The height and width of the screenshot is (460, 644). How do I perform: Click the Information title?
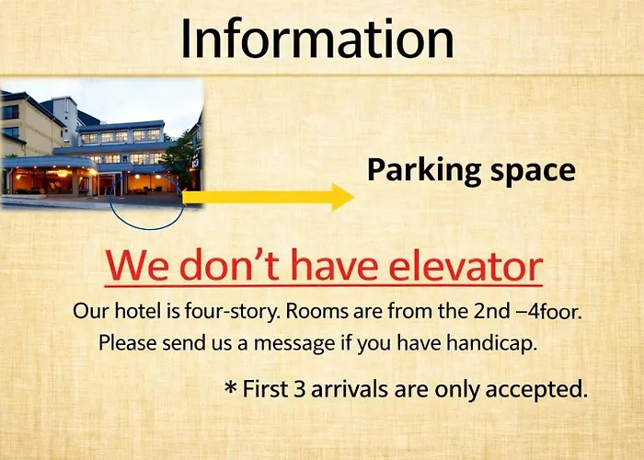coord(317,38)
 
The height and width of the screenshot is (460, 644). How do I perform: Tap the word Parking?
coord(424,170)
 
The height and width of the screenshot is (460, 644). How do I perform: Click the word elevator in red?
coord(466,266)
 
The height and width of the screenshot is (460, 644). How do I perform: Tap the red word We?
coord(137,266)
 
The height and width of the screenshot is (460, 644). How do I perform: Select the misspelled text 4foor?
coord(555,311)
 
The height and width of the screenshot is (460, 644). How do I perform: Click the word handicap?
coord(491,343)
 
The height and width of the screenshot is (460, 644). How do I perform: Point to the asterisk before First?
coord(231,387)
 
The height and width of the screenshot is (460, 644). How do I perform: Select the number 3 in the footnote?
coord(300,389)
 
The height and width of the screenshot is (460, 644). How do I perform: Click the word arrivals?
coord(350,389)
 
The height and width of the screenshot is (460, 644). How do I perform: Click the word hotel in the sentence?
coord(138,311)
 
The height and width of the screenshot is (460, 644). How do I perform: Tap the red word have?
coord(334,265)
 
